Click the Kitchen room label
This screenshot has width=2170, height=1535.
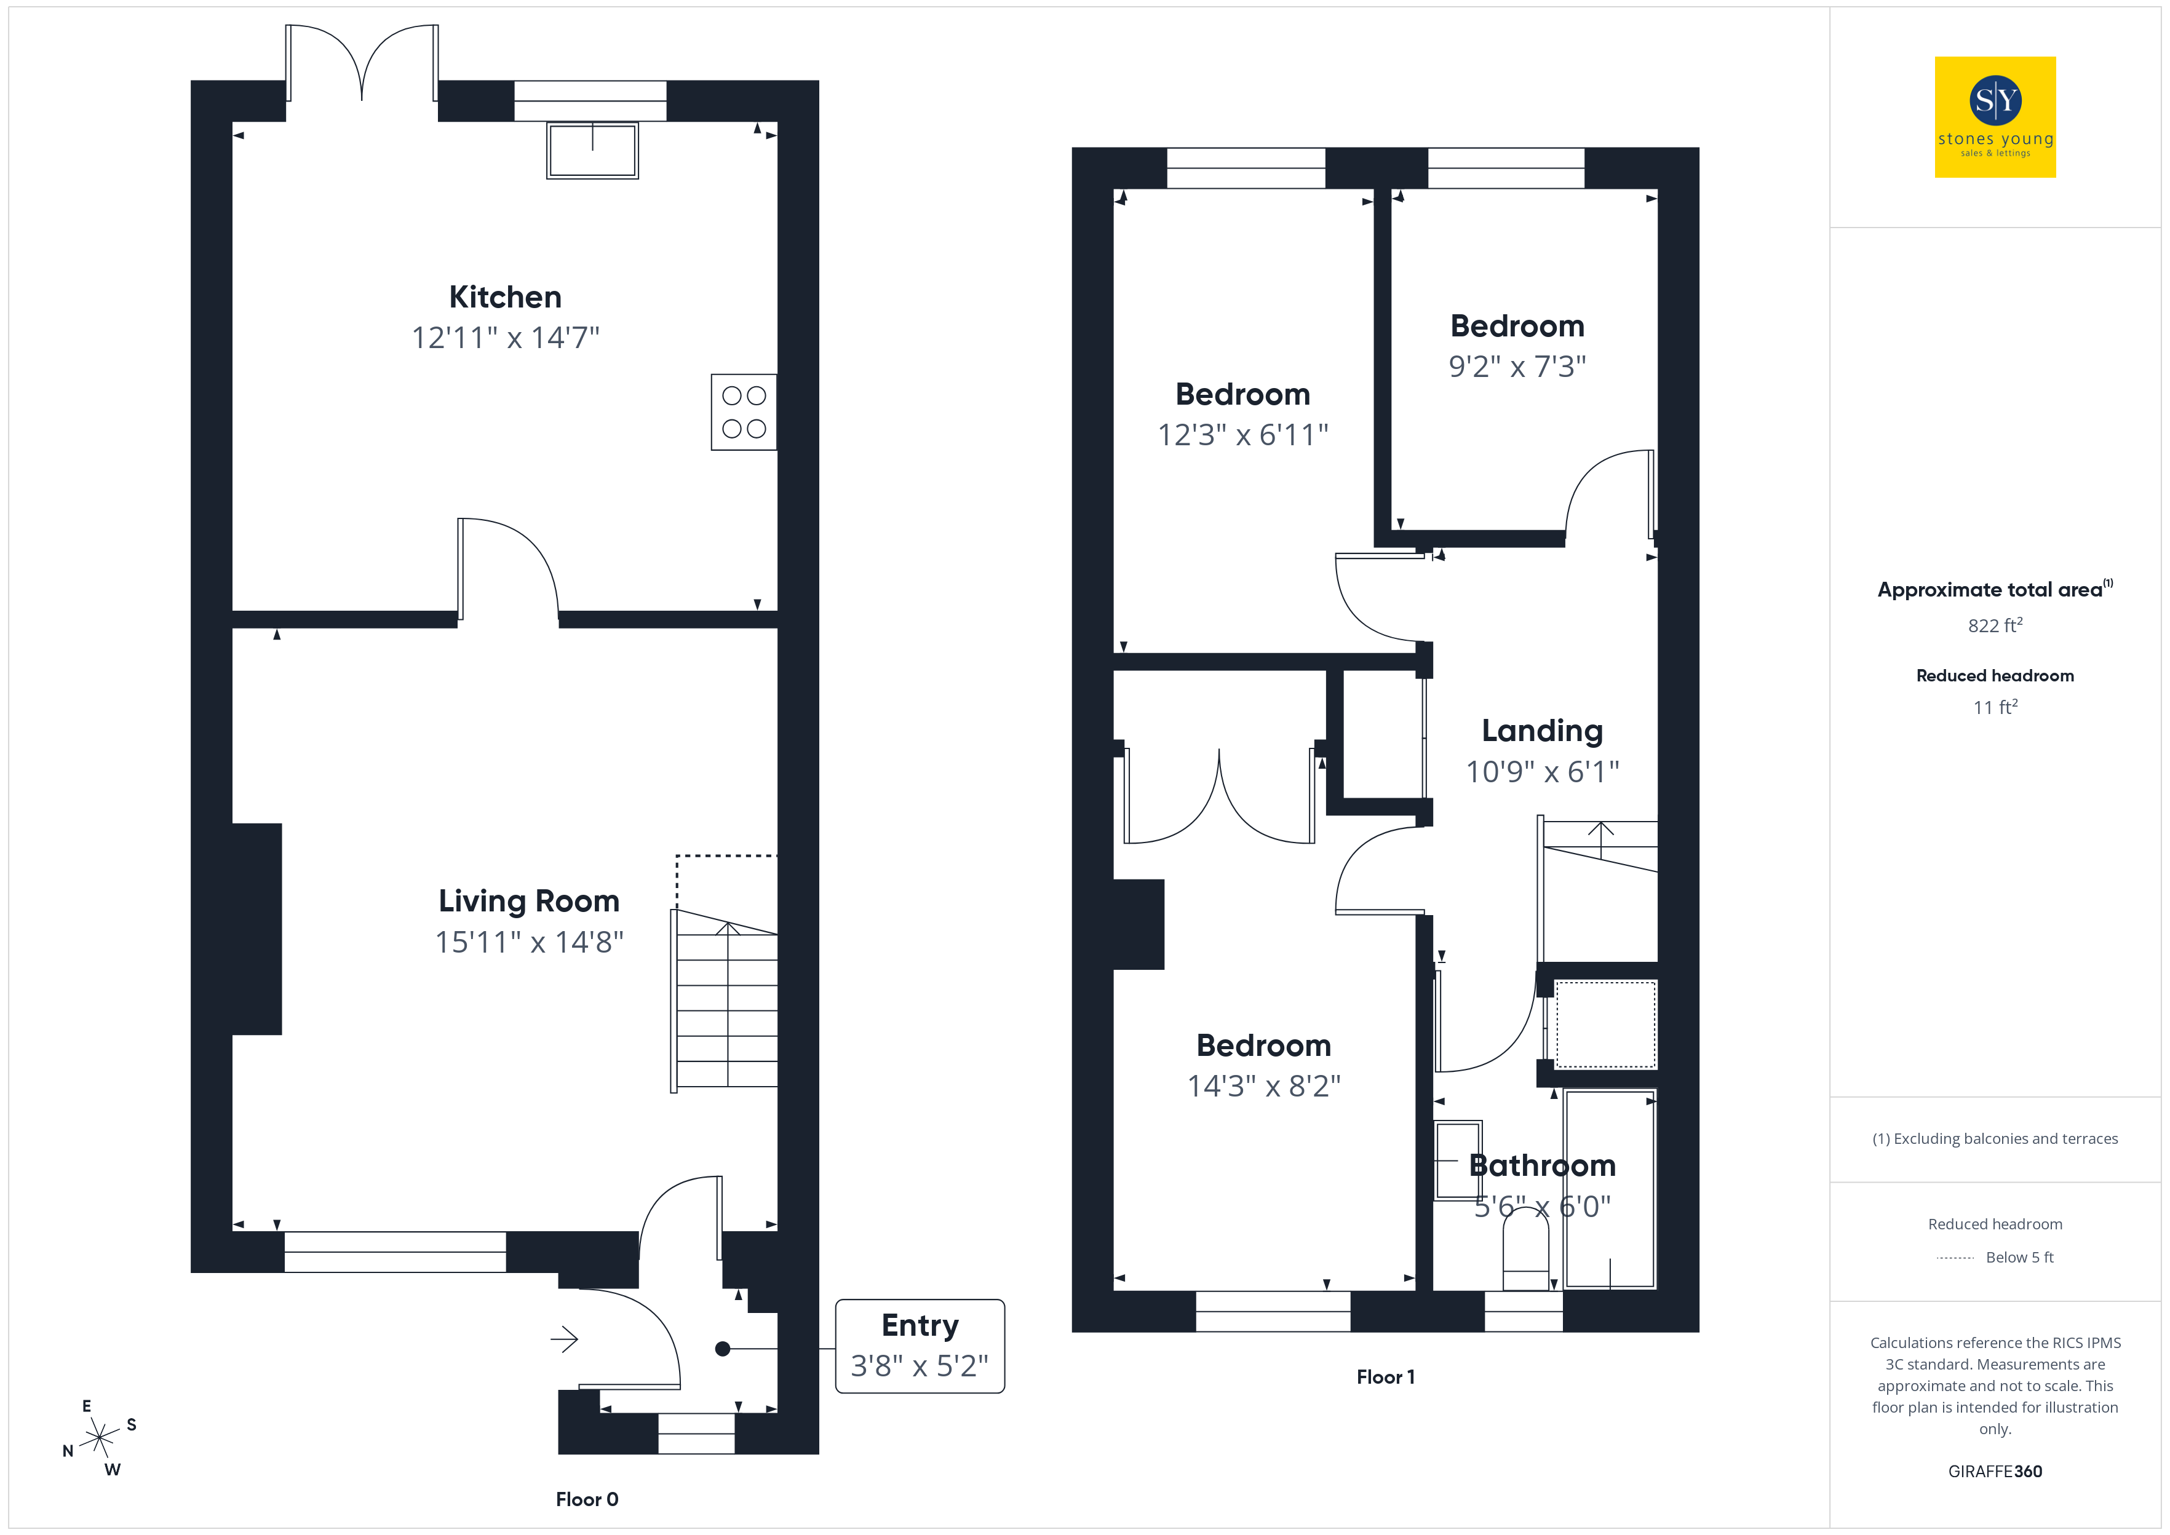pyautogui.click(x=505, y=297)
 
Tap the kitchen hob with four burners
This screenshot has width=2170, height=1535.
pyautogui.click(x=744, y=412)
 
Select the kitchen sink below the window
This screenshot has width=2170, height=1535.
pyautogui.click(x=592, y=149)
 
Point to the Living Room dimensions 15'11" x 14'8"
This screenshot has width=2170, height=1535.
pyautogui.click(x=529, y=942)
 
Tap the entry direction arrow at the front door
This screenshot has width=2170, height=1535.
pyautogui.click(x=564, y=1339)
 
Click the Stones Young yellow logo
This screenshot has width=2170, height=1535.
pyautogui.click(x=1995, y=117)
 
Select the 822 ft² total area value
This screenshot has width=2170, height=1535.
pyautogui.click(x=1995, y=625)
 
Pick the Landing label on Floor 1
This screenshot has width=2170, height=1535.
pyautogui.click(x=1543, y=731)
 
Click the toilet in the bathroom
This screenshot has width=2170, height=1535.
pyautogui.click(x=1525, y=1248)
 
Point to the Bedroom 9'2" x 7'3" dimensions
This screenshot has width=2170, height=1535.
pyautogui.click(x=1518, y=366)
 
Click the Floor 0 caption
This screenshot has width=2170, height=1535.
pyautogui.click(x=587, y=1499)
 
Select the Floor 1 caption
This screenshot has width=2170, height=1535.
pyautogui.click(x=1386, y=1377)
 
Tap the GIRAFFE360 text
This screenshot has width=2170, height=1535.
pyautogui.click(x=1995, y=1472)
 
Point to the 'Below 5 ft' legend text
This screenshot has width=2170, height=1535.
pyautogui.click(x=2020, y=1257)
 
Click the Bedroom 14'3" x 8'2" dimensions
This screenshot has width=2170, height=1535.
pyautogui.click(x=1263, y=1086)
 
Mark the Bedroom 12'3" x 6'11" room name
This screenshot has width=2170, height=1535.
pyautogui.click(x=1243, y=394)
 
